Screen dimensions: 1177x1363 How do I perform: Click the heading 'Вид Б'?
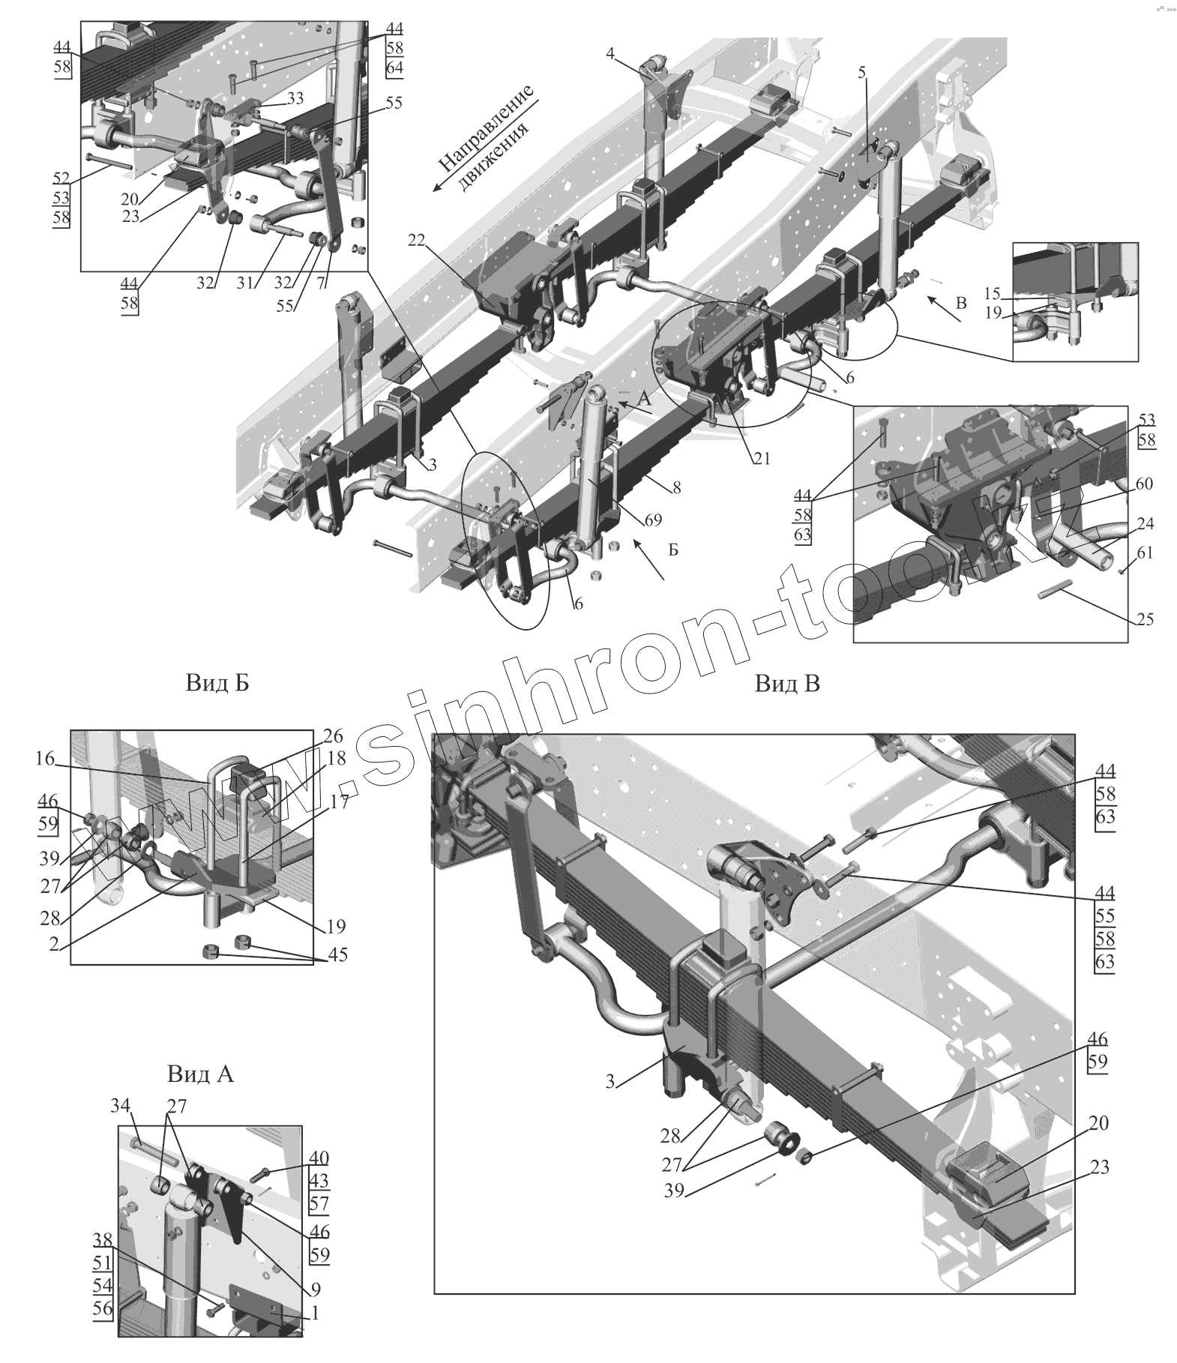[x=216, y=683]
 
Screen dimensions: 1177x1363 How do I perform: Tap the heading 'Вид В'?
[x=786, y=683]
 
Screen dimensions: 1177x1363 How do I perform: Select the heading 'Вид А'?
[x=200, y=1074]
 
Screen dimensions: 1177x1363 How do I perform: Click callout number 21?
[x=762, y=457]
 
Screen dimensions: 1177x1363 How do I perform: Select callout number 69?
[x=652, y=518]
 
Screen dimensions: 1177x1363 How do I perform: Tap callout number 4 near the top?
[x=610, y=53]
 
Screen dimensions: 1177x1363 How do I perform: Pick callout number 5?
[x=861, y=72]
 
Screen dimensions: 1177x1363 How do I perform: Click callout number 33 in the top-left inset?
[x=295, y=97]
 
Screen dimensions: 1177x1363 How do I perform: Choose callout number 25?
[x=1145, y=619]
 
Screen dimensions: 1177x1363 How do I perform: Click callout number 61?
[x=1145, y=553]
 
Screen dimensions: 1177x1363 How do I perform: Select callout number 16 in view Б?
[x=44, y=759]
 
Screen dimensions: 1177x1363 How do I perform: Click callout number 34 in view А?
[x=120, y=1104]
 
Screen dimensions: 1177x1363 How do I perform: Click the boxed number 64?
[x=395, y=68]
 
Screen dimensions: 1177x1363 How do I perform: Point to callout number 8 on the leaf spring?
[x=677, y=487]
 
